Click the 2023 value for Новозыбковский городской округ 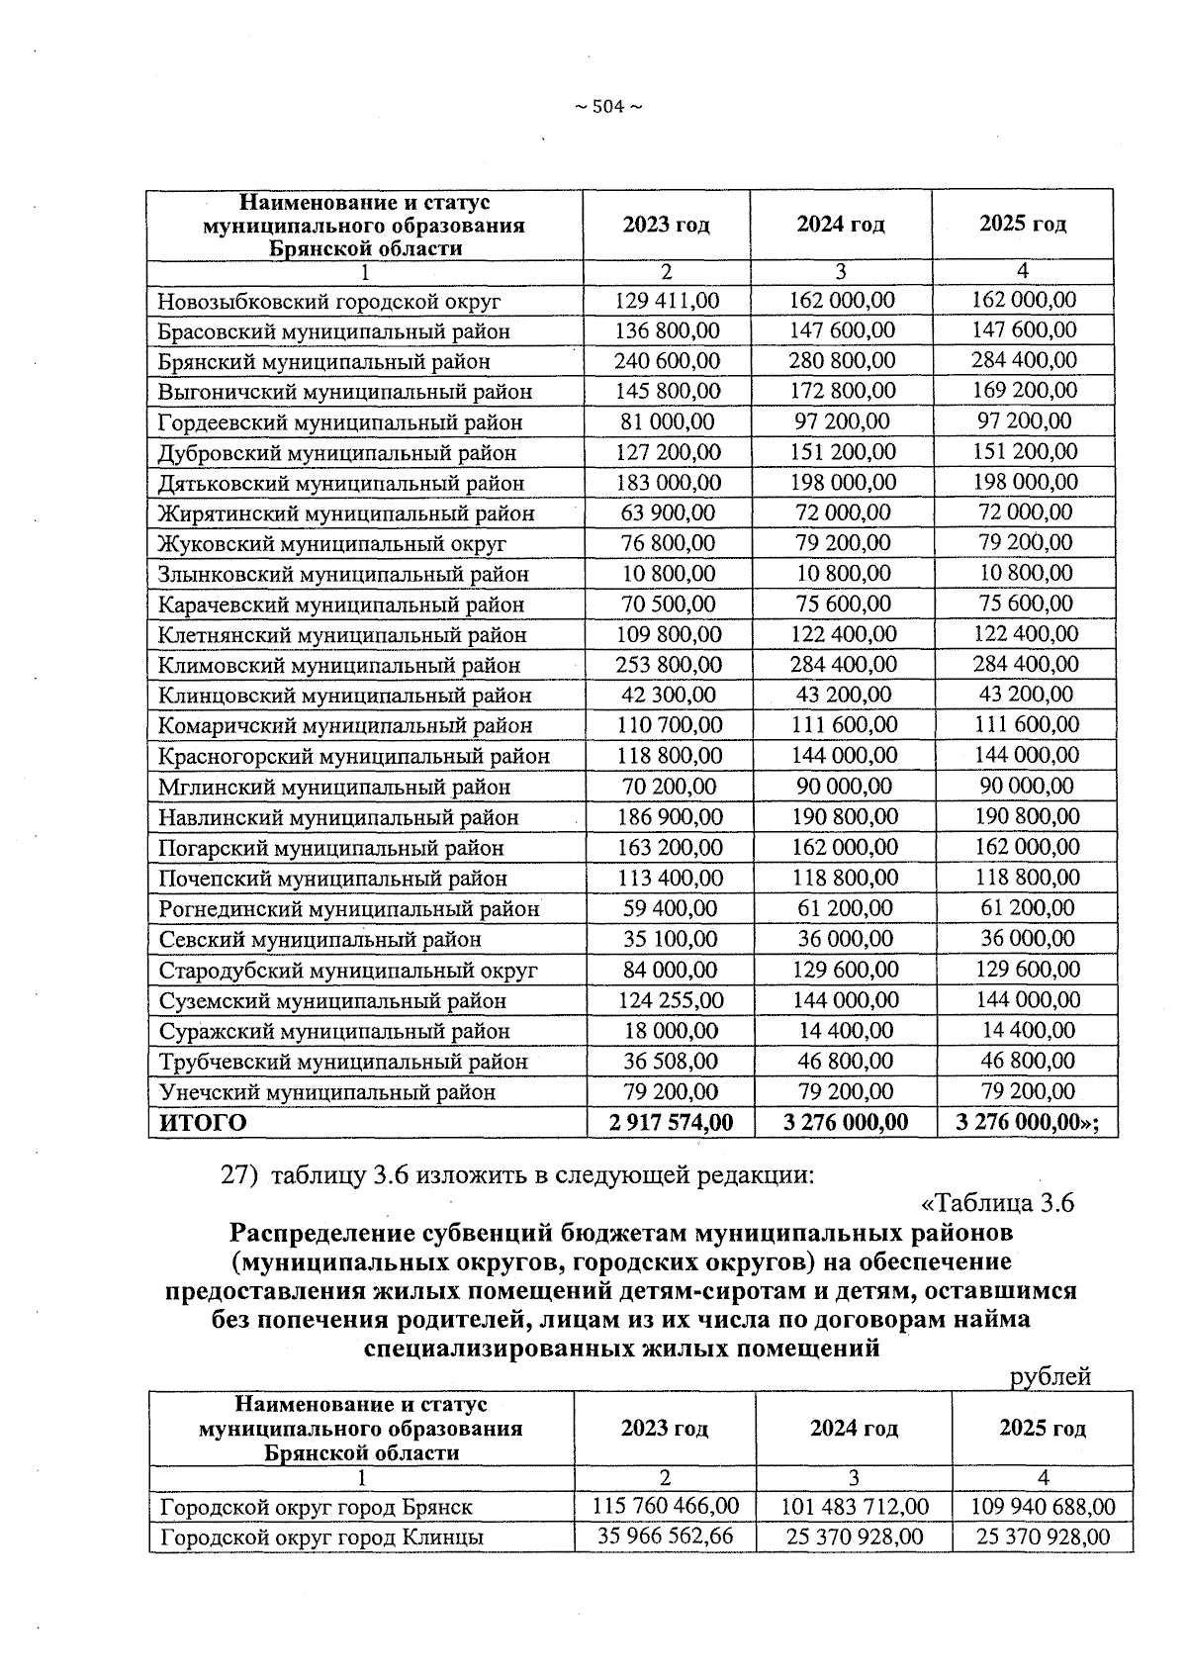[667, 300]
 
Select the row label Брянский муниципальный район [323, 362]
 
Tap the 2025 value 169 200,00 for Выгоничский [1024, 390]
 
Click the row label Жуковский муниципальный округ [331, 544]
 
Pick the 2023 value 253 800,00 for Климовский [668, 665]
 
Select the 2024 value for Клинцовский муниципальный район [843, 696]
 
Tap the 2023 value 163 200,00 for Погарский [668, 848]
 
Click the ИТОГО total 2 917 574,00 [672, 1123]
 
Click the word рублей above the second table [1050, 1376]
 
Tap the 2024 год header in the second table [853, 1429]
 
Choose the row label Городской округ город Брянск [316, 1508]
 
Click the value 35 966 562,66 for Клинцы [665, 1536]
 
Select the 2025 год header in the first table [1023, 225]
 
